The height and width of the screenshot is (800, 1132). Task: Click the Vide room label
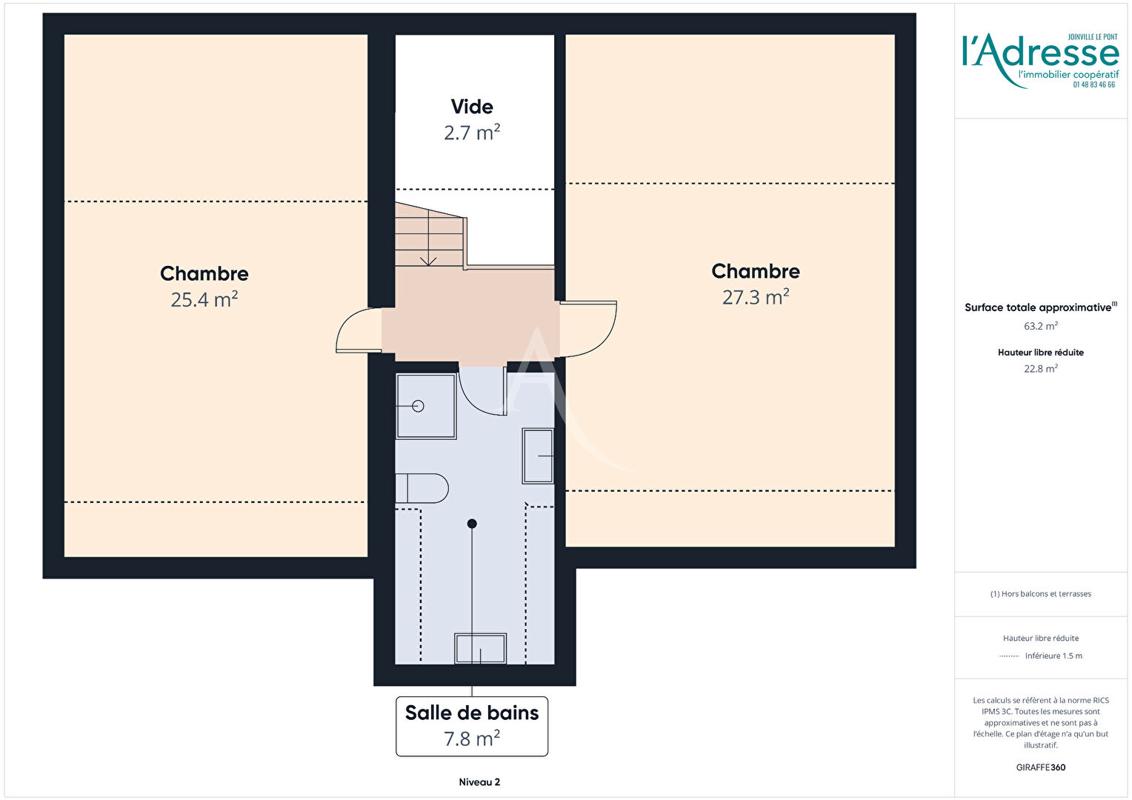pyautogui.click(x=472, y=107)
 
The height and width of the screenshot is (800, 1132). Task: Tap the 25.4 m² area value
pyautogui.click(x=204, y=300)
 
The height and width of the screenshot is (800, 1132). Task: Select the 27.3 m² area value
pyautogui.click(x=756, y=297)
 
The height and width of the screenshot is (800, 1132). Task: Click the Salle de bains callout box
pyautogui.click(x=472, y=726)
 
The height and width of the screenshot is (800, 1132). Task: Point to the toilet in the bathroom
pyautogui.click(x=422, y=488)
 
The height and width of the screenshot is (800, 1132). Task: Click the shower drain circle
pyautogui.click(x=418, y=406)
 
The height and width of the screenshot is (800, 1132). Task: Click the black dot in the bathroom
pyautogui.click(x=472, y=524)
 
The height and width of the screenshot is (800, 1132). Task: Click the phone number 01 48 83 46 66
pyautogui.click(x=1094, y=85)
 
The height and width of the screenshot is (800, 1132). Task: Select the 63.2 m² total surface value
pyautogui.click(x=1041, y=326)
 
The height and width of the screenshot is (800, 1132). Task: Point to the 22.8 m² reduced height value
pyautogui.click(x=1041, y=368)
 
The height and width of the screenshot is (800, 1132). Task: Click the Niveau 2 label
pyautogui.click(x=479, y=781)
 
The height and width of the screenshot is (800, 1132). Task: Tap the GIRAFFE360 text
pyautogui.click(x=1041, y=767)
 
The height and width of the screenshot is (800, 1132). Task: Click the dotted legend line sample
pyautogui.click(x=1009, y=656)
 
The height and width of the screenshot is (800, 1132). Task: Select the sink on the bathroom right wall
pyautogui.click(x=538, y=456)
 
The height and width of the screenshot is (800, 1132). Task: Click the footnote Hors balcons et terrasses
pyautogui.click(x=1041, y=594)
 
